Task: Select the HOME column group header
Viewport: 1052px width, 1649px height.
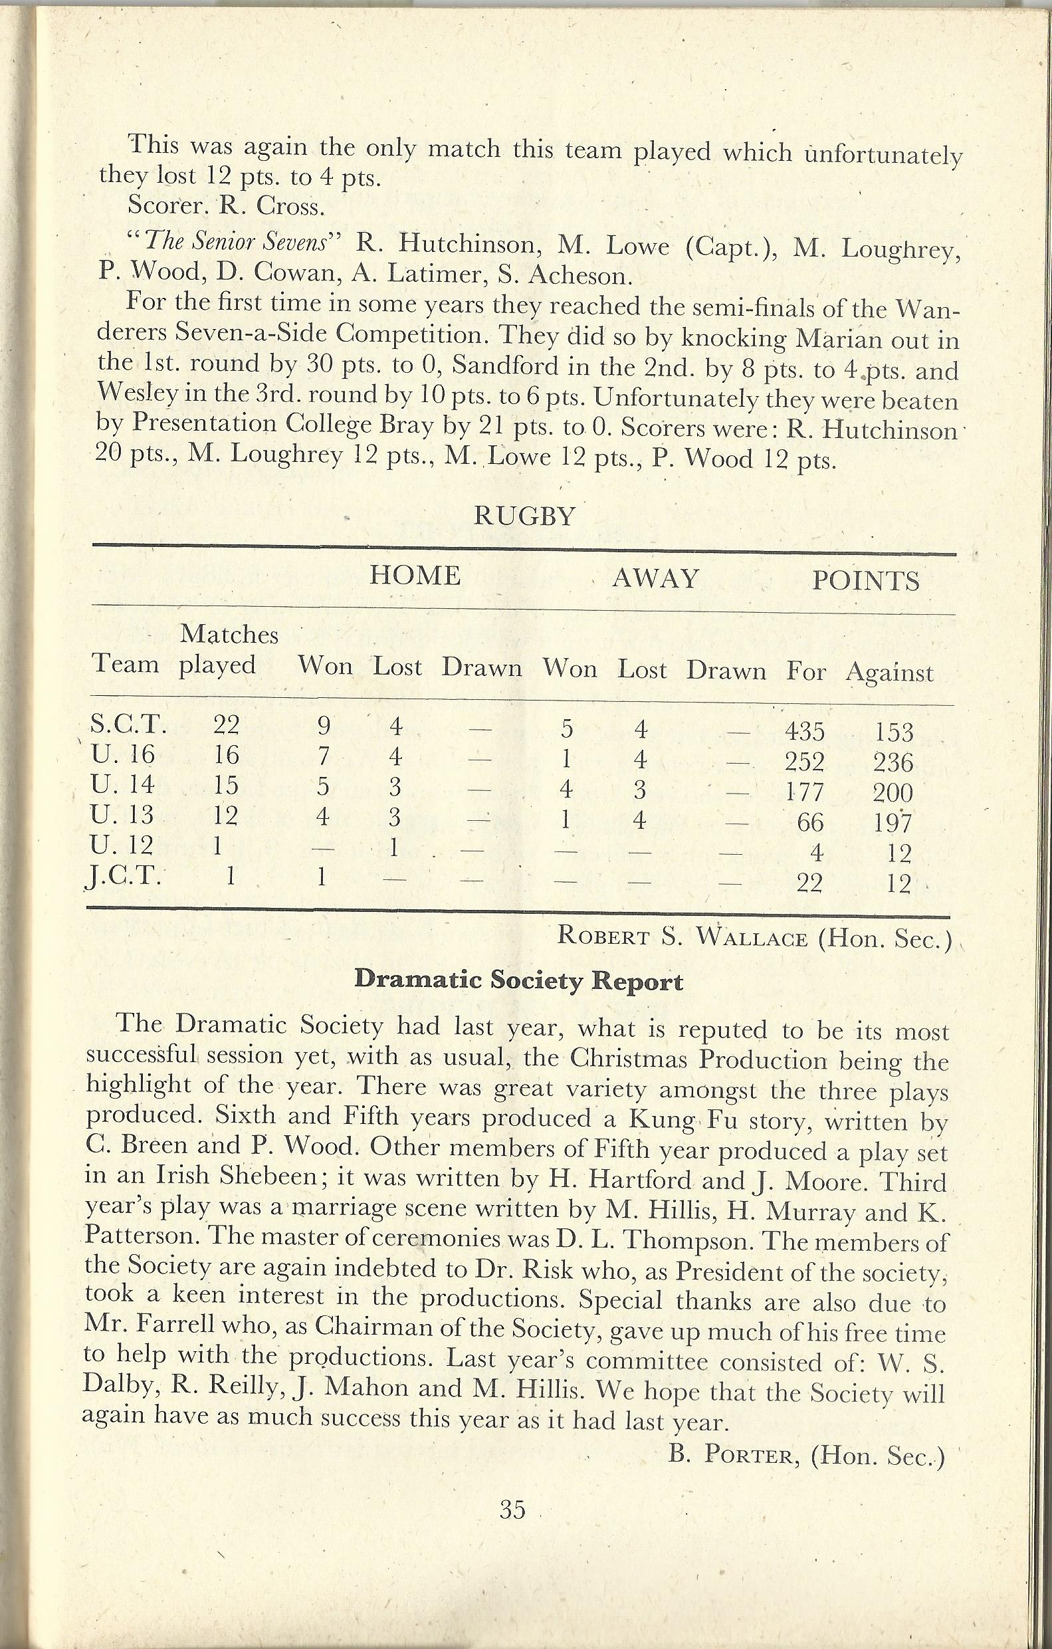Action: [x=415, y=575]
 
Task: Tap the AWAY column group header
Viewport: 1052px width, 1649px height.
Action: [x=655, y=578]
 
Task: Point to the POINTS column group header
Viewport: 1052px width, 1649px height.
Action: [x=865, y=582]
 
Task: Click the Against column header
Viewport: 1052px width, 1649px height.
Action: [x=889, y=673]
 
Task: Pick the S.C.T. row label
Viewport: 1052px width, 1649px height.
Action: [x=129, y=724]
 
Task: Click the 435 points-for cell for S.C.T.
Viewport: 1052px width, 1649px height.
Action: [x=805, y=731]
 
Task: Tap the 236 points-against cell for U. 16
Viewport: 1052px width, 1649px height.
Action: [x=893, y=763]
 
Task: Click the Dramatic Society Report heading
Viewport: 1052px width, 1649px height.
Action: [x=518, y=980]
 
